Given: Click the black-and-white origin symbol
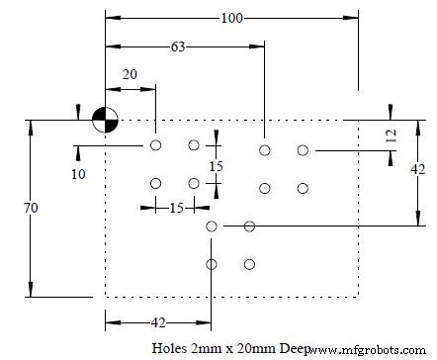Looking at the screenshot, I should [105, 120].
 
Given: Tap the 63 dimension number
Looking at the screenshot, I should [178, 45].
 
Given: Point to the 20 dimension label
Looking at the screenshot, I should [130, 74].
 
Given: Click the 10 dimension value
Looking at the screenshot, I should [79, 174].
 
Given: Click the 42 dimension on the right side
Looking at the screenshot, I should [417, 169].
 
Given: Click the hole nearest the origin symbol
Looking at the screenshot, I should [155, 145].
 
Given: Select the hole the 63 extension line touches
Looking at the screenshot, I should [264, 150].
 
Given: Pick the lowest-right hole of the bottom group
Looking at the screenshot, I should [249, 264].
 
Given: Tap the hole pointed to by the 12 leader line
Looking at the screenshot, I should [304, 150].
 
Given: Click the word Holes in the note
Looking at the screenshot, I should [170, 349].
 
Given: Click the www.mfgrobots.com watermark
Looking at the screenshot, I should [371, 350].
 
